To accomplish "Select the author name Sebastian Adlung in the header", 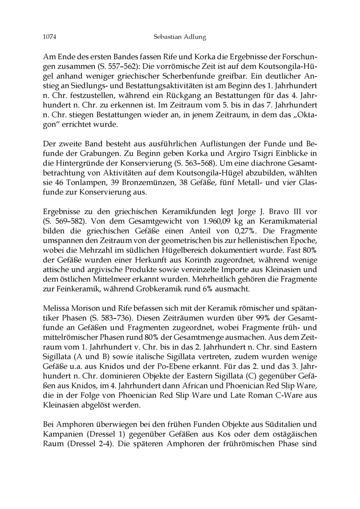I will [179, 38].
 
